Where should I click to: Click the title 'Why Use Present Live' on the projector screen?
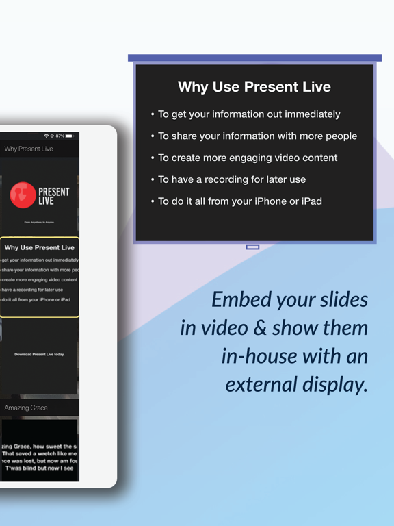[254, 87]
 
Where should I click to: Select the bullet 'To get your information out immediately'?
[249, 114]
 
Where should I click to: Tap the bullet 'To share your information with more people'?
[257, 136]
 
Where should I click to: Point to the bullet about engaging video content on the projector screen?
[248, 158]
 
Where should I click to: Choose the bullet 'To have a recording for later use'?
[232, 179]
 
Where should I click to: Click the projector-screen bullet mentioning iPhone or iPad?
[239, 201]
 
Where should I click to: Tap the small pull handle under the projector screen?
[252, 247]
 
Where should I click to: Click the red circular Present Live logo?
[23, 195]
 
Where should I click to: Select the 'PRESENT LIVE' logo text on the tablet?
[53, 196]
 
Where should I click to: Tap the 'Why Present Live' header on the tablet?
[29, 149]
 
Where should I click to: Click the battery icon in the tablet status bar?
[69, 136]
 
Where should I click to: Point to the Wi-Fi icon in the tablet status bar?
[47, 136]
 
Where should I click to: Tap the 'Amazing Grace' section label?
[26, 408]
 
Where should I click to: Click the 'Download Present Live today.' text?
[40, 354]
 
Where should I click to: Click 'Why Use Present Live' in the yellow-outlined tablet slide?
[40, 247]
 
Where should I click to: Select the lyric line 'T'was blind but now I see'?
[40, 468]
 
